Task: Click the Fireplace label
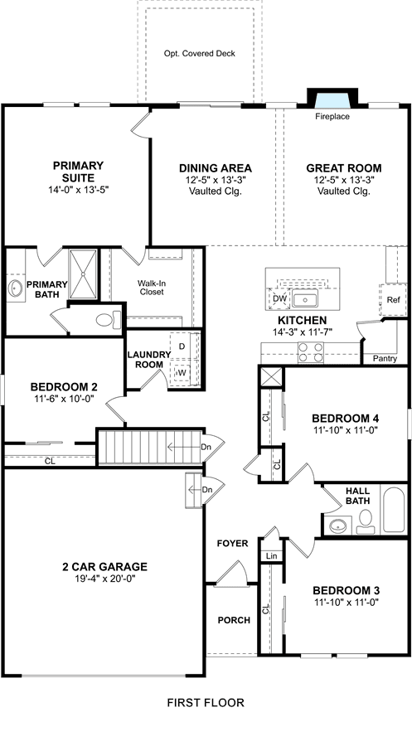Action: point(332,117)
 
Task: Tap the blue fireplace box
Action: point(332,100)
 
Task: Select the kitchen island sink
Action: point(305,300)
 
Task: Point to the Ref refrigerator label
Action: point(393,300)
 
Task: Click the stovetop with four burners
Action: point(310,352)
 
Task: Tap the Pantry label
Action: point(385,359)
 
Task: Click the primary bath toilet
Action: point(108,320)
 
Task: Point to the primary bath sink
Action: point(16,288)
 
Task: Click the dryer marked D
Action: point(182,346)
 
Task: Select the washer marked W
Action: point(182,372)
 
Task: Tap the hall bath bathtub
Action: point(394,510)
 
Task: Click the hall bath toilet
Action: point(366,521)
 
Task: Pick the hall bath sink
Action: point(338,526)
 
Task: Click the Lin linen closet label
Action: point(272,555)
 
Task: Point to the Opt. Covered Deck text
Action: point(200,54)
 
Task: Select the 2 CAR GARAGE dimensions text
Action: point(104,579)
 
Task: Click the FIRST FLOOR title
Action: point(206,702)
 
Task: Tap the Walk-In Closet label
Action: point(152,287)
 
